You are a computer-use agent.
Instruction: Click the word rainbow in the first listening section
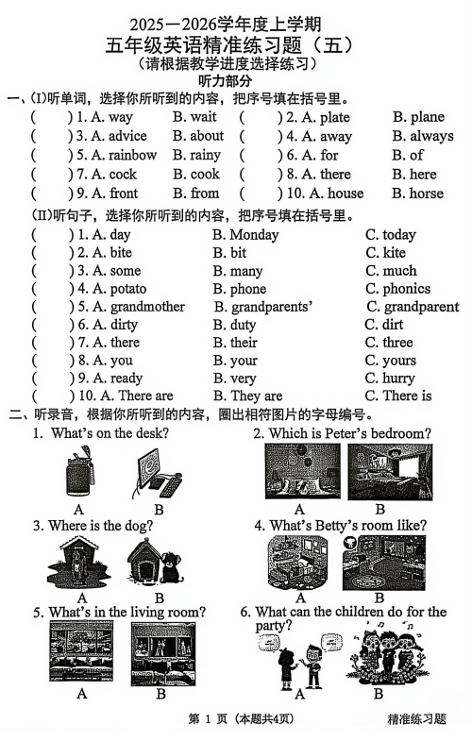133,155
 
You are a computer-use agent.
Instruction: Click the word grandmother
147,306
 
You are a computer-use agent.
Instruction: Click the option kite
394,252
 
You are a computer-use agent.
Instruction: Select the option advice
127,136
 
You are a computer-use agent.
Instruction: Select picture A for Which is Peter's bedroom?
301,471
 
